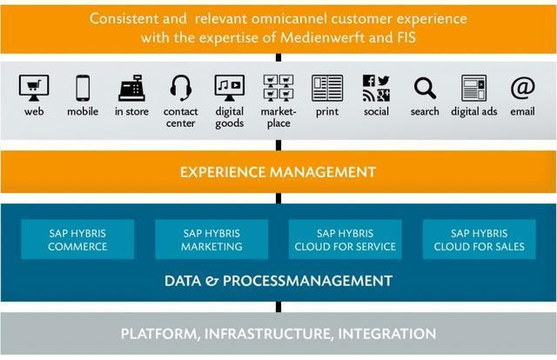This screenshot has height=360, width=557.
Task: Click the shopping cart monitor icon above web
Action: pos(34,87)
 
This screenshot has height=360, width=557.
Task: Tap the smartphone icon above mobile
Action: pos(83,88)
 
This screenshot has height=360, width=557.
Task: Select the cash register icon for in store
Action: pos(131,88)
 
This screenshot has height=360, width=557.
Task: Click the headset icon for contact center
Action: pos(180,88)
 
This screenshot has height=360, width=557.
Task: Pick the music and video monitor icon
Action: pos(230,87)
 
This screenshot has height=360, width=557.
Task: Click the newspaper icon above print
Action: pos(327,88)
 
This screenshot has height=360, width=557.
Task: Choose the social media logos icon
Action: pos(376,88)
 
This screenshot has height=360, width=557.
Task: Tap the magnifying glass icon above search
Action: pos(425,88)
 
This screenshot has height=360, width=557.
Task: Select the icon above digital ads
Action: pos(473,88)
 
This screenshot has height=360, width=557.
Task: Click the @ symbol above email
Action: pos(522,88)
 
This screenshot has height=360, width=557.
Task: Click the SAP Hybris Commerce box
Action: pos(77,240)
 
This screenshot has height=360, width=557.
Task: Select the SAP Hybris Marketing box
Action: pos(211,240)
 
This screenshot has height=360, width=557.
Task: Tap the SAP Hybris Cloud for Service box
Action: pos(345,240)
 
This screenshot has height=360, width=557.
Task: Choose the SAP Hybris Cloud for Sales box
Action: pos(479,240)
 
